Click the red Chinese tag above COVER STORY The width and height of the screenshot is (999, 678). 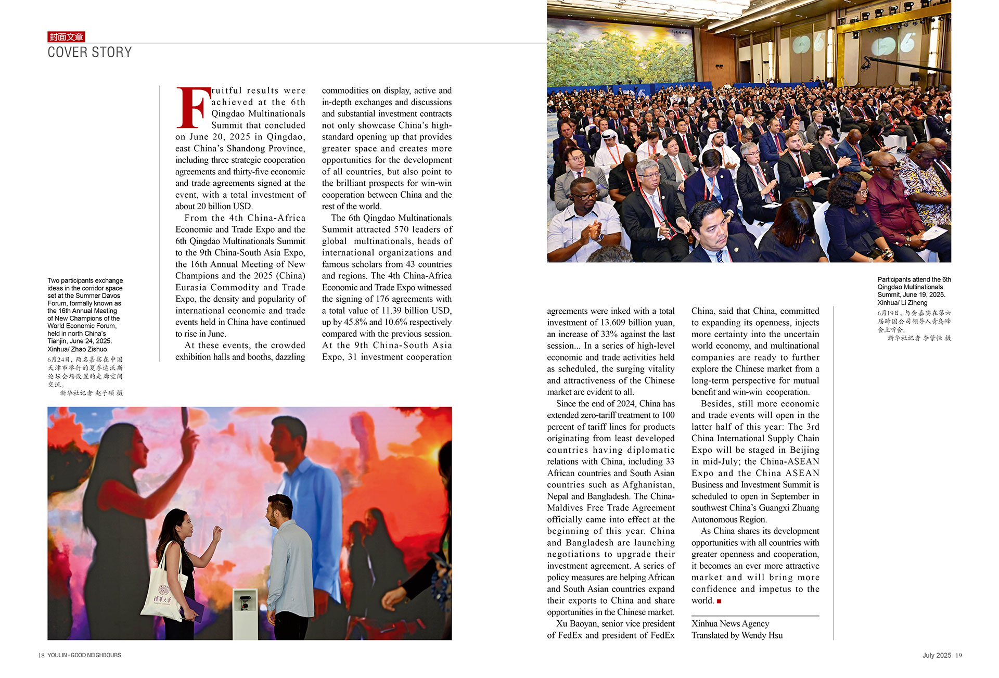(66, 37)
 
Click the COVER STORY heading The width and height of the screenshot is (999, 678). (89, 53)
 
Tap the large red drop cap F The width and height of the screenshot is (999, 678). (193, 108)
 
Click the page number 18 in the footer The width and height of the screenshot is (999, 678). (41, 655)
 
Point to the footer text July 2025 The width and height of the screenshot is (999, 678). (937, 655)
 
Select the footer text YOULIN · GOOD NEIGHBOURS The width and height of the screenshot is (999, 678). (84, 655)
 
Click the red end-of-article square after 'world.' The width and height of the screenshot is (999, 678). (719, 601)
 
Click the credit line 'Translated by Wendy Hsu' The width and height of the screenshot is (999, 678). (737, 635)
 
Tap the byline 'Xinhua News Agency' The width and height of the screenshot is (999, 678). (730, 623)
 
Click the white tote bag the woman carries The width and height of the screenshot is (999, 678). (162, 593)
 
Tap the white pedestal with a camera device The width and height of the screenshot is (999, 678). (245, 614)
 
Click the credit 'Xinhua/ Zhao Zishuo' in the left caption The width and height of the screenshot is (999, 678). (77, 349)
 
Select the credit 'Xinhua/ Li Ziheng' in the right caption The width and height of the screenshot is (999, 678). (902, 303)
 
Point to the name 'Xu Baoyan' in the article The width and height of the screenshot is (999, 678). (577, 623)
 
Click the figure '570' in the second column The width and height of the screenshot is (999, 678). (403, 229)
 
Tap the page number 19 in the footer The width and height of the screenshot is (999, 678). (958, 655)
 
